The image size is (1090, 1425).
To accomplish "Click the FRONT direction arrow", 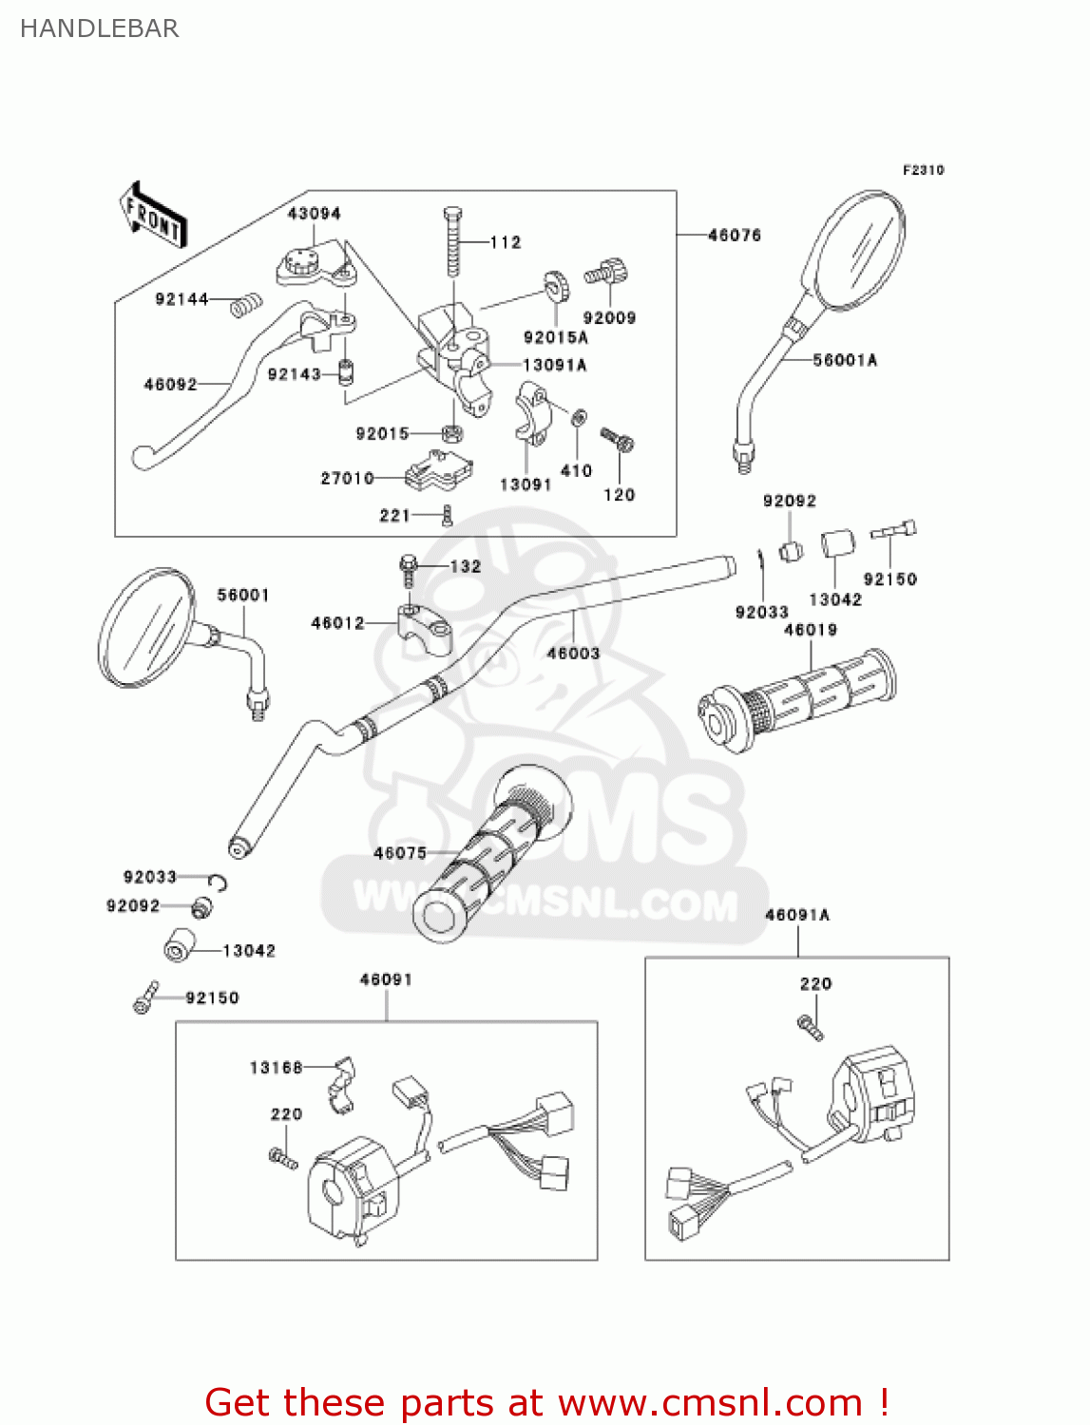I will (153, 216).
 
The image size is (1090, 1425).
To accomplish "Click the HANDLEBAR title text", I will (99, 28).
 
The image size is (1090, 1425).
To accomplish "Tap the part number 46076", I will (735, 235).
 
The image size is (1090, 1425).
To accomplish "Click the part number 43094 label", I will (315, 214).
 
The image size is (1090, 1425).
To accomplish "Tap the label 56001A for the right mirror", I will (845, 360).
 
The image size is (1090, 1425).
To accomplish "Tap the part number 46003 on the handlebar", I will (573, 653).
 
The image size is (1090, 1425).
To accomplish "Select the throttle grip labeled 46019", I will (798, 698).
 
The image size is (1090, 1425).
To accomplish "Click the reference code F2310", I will (923, 170).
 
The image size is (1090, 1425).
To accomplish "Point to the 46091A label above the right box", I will (797, 915).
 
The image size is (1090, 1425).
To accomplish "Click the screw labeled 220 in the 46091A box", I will (810, 1027).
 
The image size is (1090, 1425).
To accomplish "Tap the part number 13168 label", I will (276, 1068).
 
